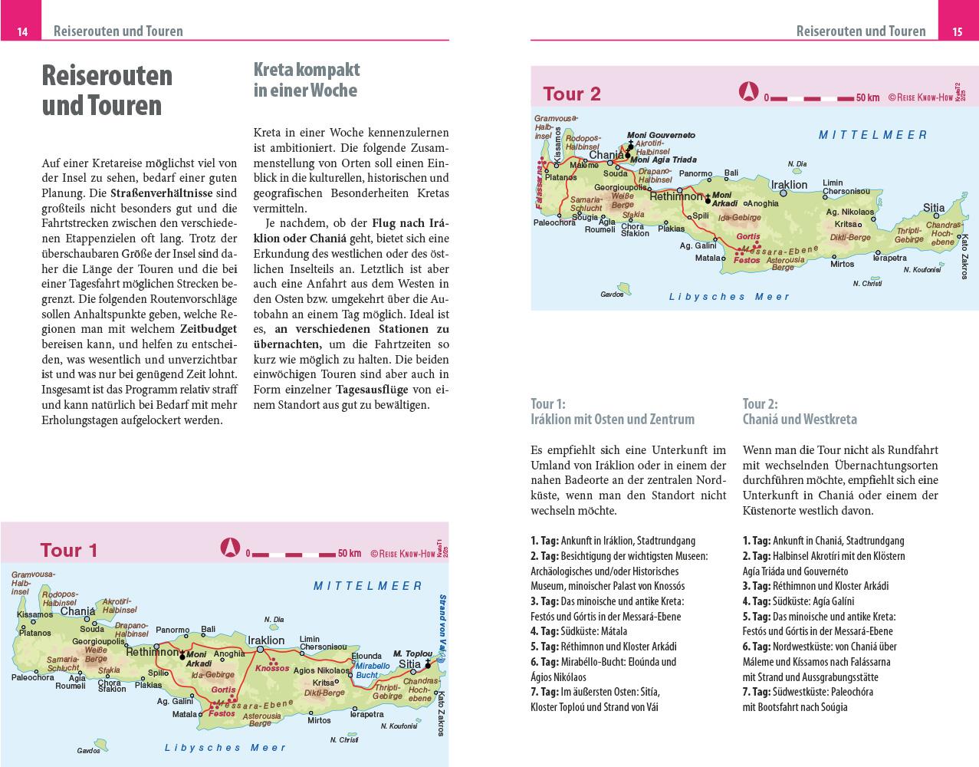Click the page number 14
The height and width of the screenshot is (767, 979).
click(22, 31)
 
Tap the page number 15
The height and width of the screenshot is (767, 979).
click(957, 31)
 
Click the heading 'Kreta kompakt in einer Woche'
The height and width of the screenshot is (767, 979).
click(307, 80)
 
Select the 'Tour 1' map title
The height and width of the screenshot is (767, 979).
click(69, 550)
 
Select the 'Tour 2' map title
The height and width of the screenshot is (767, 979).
click(572, 94)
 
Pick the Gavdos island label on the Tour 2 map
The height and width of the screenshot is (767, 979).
click(612, 294)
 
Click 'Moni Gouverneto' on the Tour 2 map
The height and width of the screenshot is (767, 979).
click(661, 135)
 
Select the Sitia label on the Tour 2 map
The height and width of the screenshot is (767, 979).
click(934, 207)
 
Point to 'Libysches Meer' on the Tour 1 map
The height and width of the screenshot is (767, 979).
click(226, 747)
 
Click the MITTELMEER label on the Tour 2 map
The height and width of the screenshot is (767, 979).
click(872, 135)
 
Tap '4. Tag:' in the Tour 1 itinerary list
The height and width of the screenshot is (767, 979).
click(543, 631)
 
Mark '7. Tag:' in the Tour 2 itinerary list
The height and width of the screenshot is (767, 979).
click(755, 691)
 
